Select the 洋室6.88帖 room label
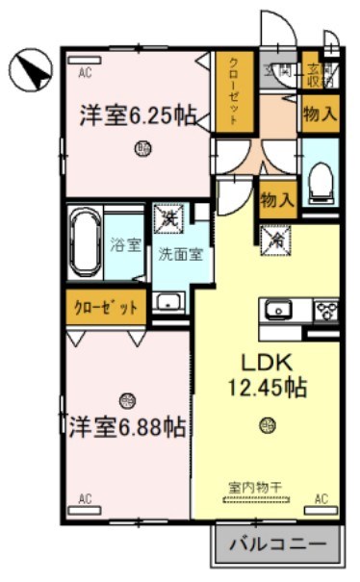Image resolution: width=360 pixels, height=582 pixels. click(x=127, y=425)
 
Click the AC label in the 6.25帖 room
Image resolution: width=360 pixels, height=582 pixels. click(x=85, y=72)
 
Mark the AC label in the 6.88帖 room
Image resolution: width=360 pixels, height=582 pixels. click(x=85, y=499)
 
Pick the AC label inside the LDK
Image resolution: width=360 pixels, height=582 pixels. click(x=321, y=499)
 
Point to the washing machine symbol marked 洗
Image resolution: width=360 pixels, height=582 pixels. click(x=169, y=218)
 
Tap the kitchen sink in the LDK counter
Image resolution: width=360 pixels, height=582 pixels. click(x=281, y=310)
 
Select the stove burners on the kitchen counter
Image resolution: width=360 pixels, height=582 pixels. click(x=326, y=310)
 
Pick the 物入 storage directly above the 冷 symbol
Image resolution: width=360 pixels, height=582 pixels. click(x=276, y=199)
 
